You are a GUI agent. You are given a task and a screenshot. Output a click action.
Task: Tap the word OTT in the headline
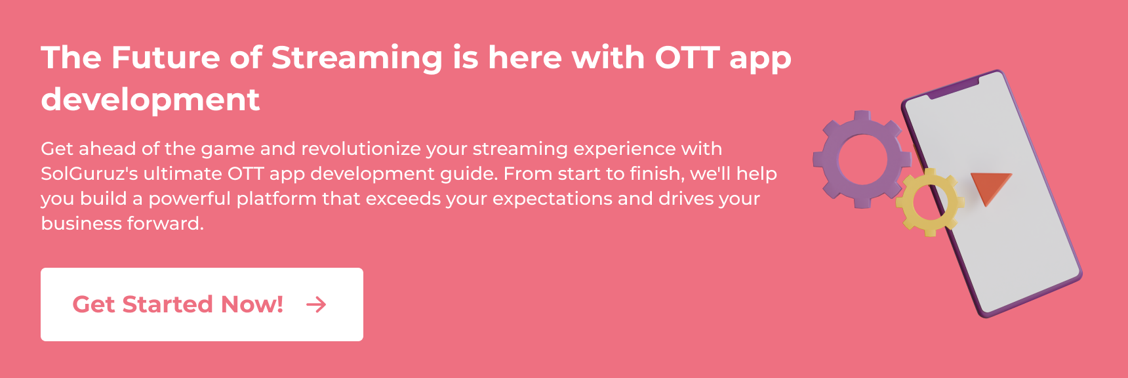point(687,58)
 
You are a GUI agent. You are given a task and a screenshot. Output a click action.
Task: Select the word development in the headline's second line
point(150,100)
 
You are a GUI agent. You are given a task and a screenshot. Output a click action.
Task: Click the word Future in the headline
point(166,58)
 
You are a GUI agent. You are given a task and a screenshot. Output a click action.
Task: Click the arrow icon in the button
point(316,304)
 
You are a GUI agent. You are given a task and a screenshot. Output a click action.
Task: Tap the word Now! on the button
point(252,304)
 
